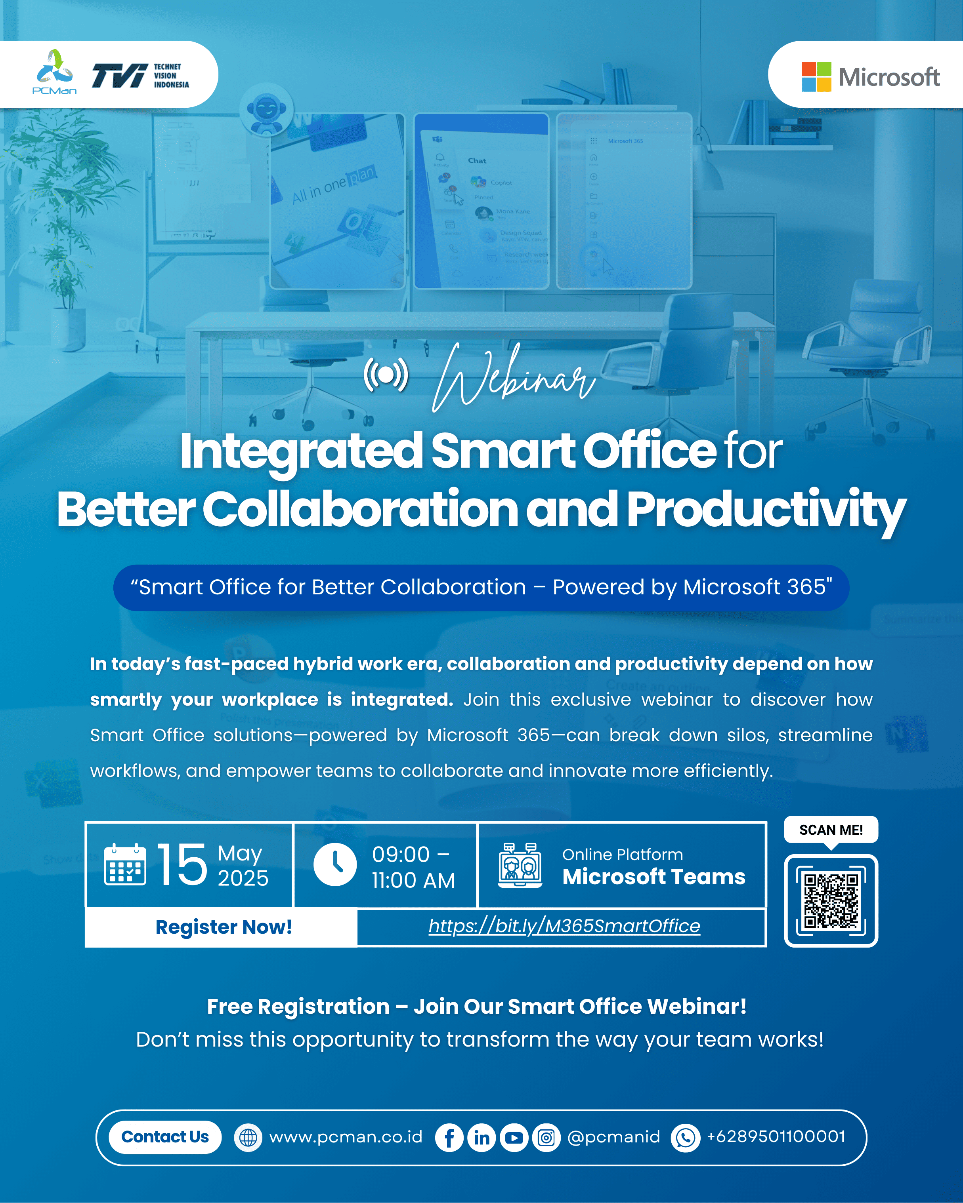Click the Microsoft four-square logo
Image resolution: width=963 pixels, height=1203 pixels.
(x=816, y=76)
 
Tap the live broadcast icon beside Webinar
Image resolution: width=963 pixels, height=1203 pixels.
(x=386, y=375)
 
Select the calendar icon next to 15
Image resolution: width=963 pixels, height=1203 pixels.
(x=125, y=865)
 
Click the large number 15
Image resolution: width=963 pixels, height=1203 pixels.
(x=182, y=865)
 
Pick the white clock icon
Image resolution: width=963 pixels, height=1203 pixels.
(x=335, y=865)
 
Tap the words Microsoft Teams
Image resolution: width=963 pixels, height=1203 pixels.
(x=653, y=877)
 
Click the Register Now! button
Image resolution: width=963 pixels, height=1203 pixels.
(x=223, y=927)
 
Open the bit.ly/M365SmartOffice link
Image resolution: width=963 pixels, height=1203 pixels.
(x=564, y=926)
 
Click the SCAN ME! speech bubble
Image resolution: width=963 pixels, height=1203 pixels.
(x=831, y=830)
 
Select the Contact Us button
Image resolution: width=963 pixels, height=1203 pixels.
(x=165, y=1136)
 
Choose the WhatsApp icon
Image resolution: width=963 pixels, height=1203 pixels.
(x=685, y=1137)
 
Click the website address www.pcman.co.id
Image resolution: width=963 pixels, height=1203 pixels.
(x=346, y=1136)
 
